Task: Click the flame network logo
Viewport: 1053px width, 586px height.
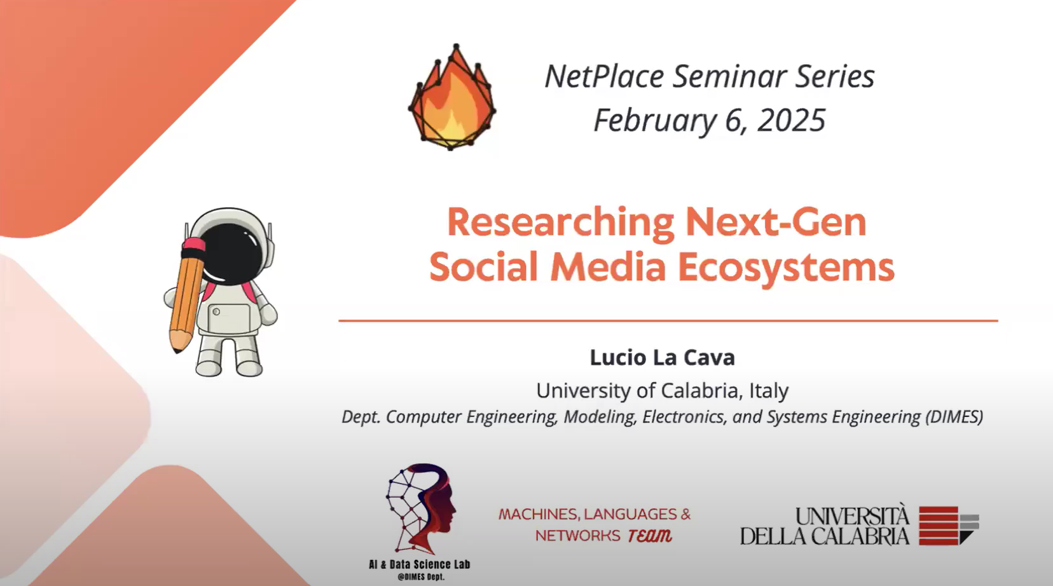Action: [x=451, y=97]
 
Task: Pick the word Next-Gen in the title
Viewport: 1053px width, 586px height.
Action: [x=776, y=222]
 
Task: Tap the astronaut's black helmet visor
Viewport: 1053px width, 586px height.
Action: [x=230, y=254]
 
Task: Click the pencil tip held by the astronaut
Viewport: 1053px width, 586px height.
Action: [x=177, y=345]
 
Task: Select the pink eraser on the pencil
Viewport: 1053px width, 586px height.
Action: [x=194, y=244]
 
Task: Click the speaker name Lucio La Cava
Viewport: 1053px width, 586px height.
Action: [x=663, y=358]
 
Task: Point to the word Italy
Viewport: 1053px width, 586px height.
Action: [x=769, y=390]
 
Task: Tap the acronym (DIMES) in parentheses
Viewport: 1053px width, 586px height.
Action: [x=954, y=417]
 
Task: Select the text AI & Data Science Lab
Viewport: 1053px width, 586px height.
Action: [x=419, y=564]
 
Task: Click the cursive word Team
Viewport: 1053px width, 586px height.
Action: [x=650, y=536]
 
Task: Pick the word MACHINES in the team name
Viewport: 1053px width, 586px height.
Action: [x=539, y=515]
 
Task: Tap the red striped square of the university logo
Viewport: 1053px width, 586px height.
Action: [x=939, y=526]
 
